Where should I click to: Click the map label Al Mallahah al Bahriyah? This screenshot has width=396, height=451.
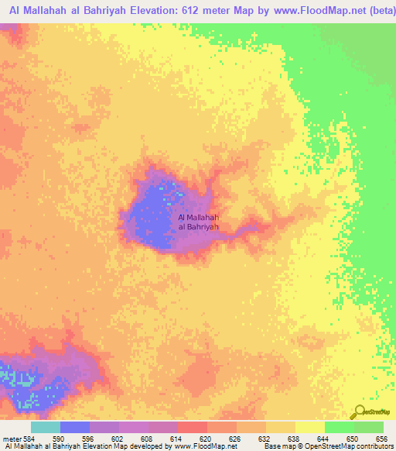pos(199,222)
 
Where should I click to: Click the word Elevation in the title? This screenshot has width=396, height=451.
pos(155,12)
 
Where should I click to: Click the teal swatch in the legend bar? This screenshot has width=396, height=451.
pos(45,427)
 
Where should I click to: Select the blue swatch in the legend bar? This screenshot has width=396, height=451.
pos(75,427)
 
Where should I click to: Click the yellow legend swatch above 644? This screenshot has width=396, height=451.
pos(310,427)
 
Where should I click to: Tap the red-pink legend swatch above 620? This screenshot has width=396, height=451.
pos(193,427)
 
